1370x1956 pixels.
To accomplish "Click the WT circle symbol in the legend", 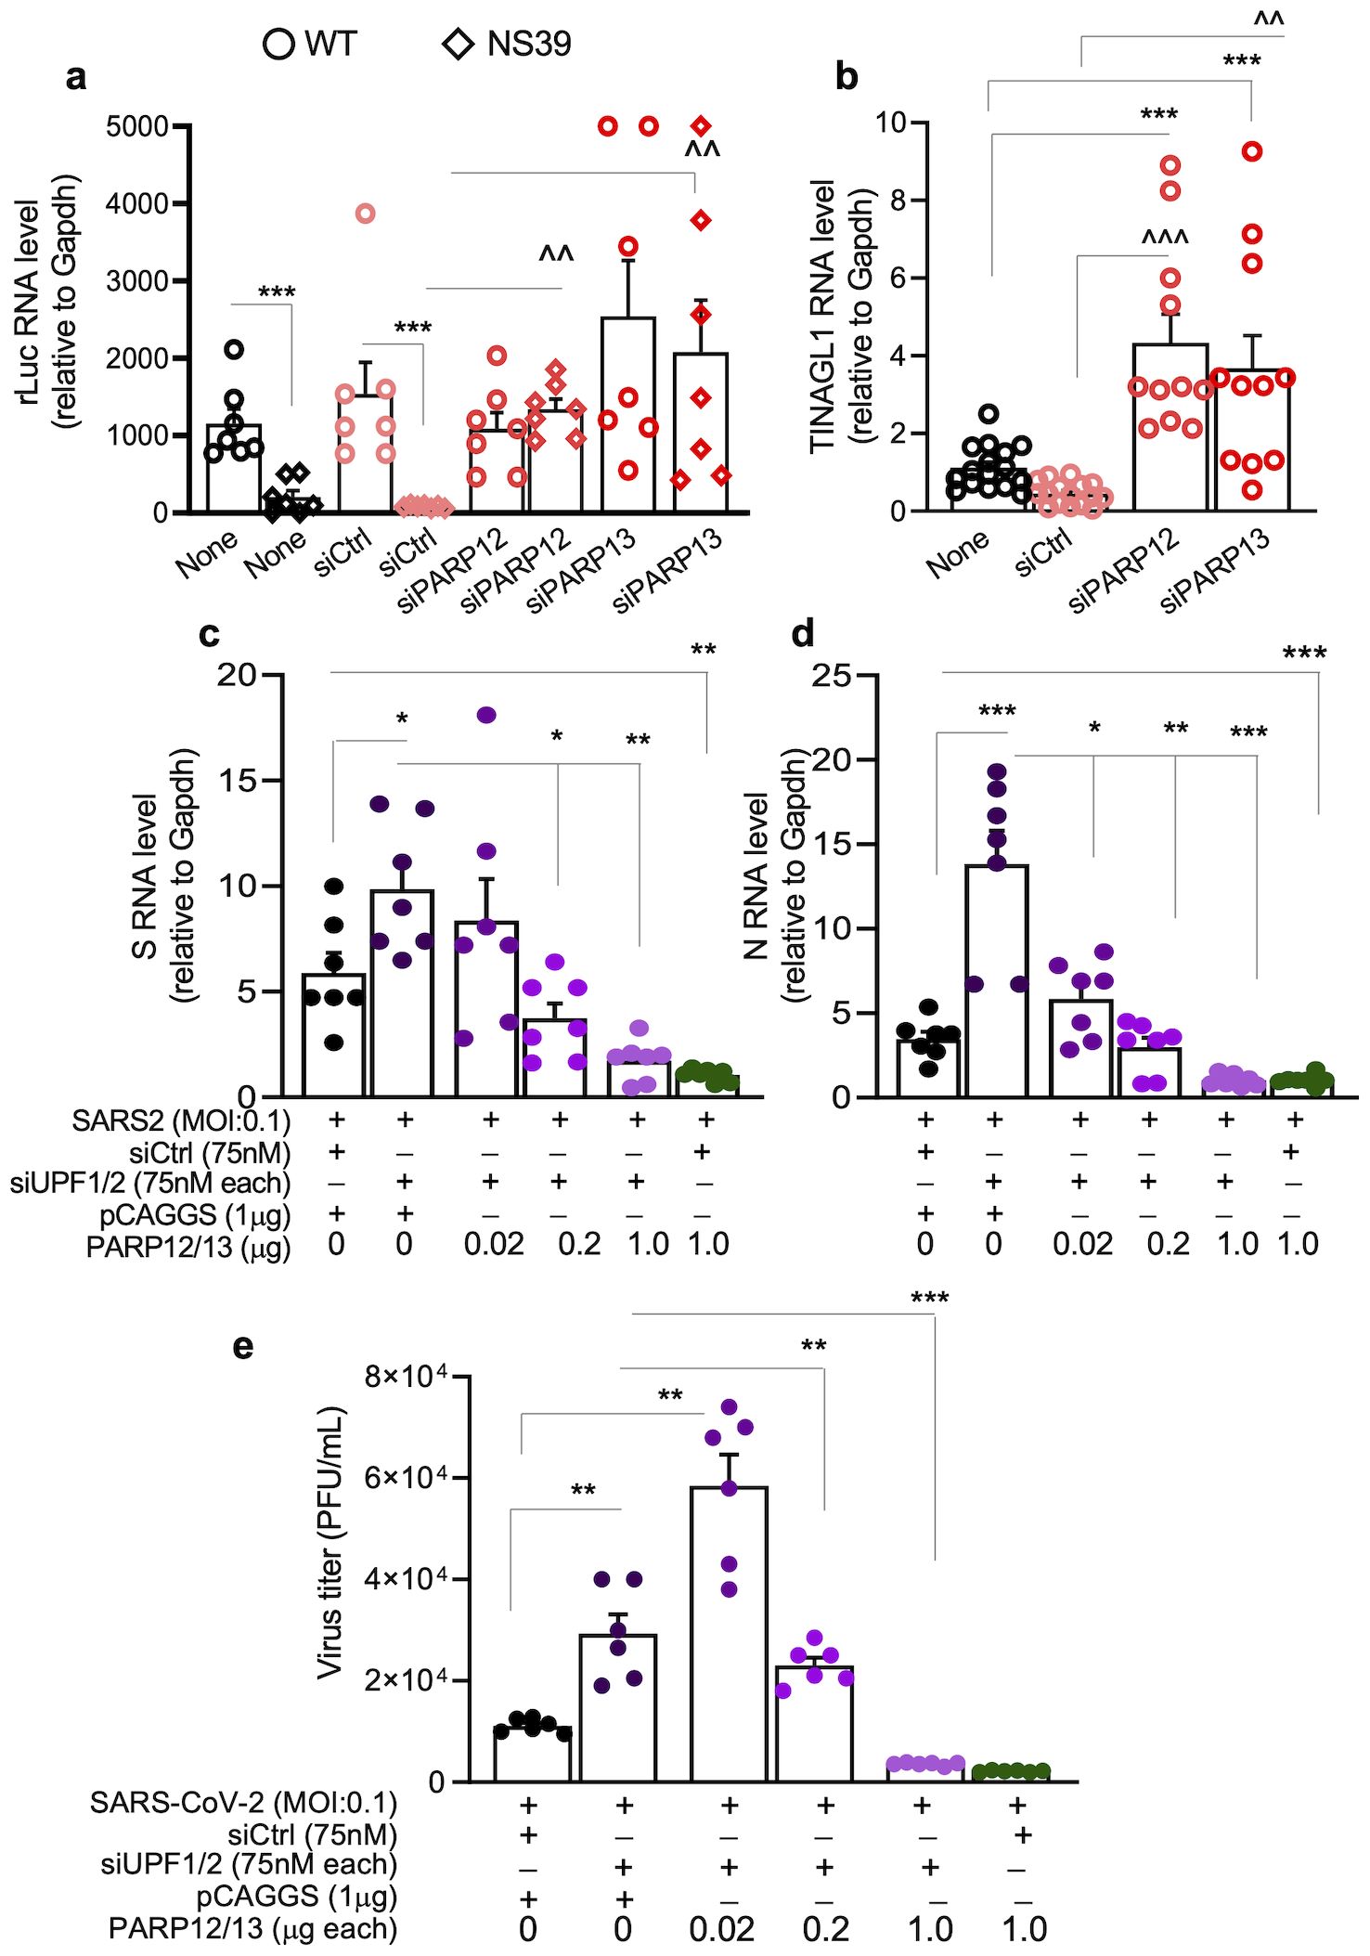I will click(278, 44).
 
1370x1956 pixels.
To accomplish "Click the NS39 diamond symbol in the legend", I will click(458, 44).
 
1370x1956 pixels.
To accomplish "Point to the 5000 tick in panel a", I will click(136, 126).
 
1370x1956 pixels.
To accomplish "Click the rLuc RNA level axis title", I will click(46, 302).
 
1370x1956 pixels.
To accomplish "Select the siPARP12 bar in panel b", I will click(1170, 427).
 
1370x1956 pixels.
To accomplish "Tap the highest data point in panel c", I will click(485, 715).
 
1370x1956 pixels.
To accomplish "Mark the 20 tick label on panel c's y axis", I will click(237, 675).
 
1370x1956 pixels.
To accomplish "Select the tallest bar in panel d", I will click(996, 979).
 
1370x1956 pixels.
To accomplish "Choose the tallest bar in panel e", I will click(729, 1634).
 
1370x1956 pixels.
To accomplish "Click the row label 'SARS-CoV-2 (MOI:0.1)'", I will click(243, 1803).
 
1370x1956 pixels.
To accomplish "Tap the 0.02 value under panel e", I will click(721, 1928).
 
